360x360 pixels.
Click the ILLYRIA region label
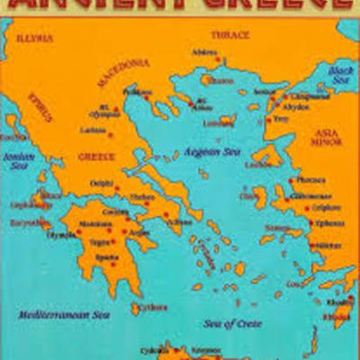(x=35, y=39)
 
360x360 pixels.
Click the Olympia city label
(x=60, y=234)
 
